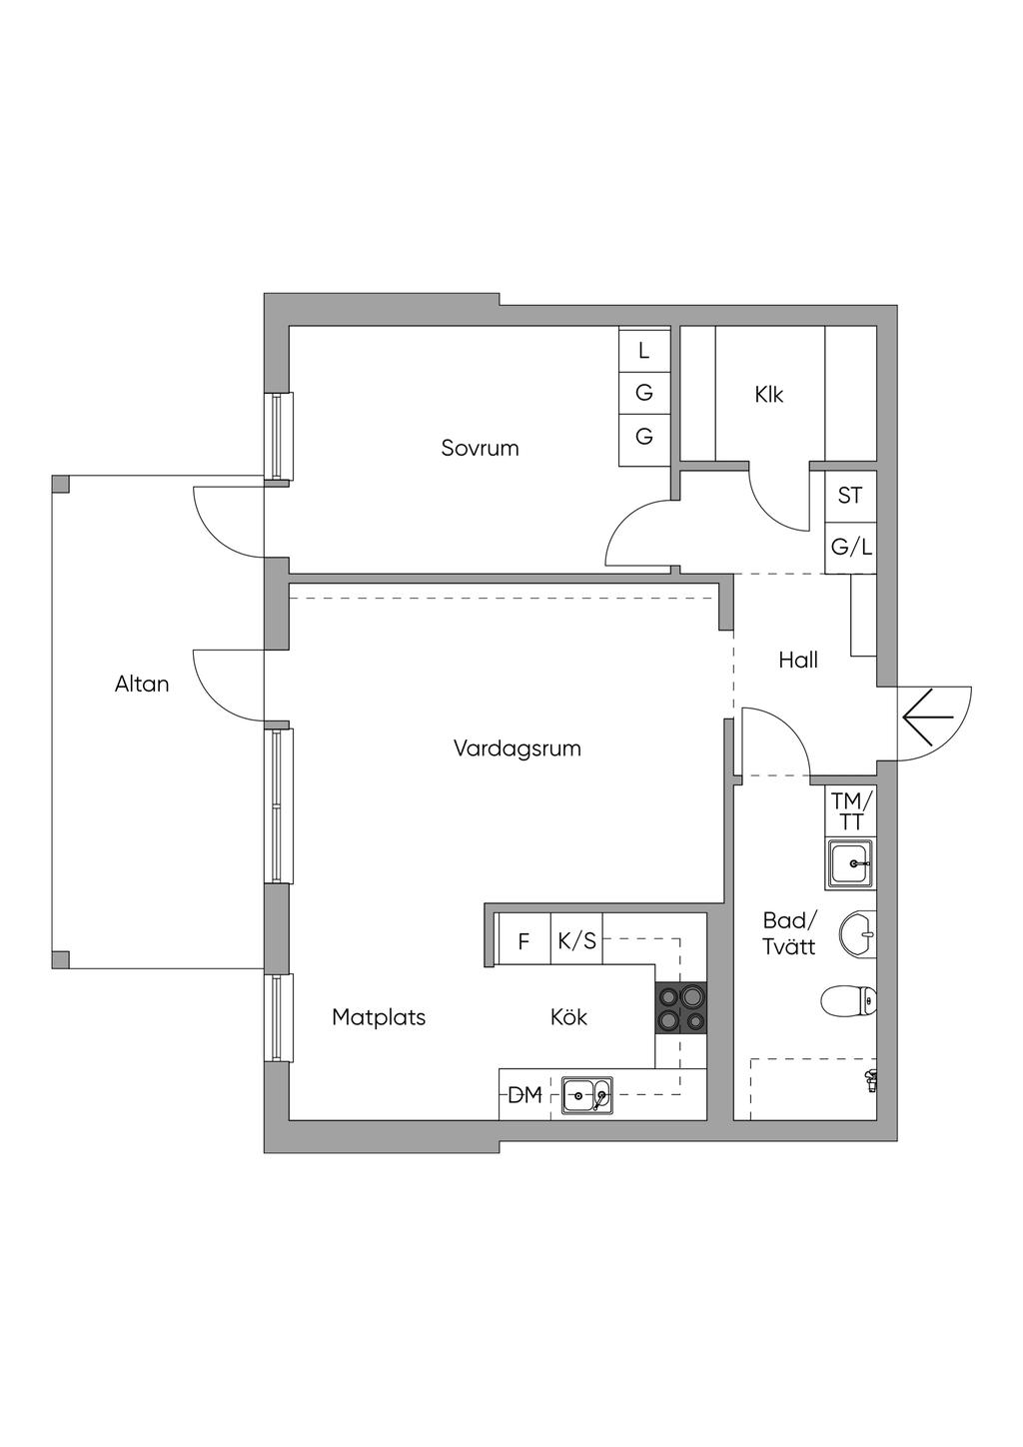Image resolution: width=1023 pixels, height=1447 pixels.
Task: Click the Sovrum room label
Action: pos(480,448)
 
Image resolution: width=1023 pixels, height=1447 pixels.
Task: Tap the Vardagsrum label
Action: pos(517,748)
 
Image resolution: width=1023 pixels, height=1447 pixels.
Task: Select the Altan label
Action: pos(142,684)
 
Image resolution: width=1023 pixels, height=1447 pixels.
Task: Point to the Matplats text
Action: pos(379,1017)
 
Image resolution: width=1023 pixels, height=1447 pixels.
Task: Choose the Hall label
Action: pos(798,660)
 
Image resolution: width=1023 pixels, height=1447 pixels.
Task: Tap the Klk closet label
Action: pos(768,394)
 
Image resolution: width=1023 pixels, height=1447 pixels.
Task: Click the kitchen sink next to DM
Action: pos(587,1095)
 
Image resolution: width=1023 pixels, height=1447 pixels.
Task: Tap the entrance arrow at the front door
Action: pos(929,718)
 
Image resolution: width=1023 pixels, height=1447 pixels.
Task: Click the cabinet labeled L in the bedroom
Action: pos(644,350)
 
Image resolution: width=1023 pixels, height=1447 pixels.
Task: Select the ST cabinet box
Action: pos(850,496)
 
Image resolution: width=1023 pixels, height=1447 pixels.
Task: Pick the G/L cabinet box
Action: pos(850,548)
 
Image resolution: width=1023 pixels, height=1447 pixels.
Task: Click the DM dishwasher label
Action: pos(524,1095)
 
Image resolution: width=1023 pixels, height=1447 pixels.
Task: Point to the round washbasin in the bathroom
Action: pos(858,933)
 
